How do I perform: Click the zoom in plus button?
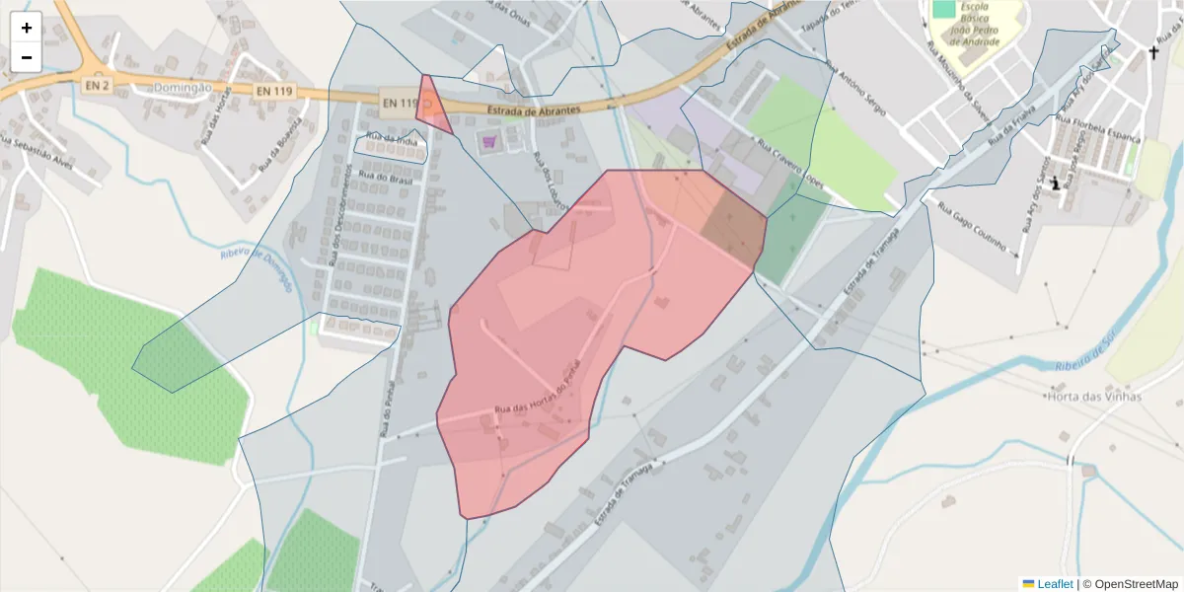tap(26, 27)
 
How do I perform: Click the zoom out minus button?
tap(26, 57)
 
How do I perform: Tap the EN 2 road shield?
tap(97, 87)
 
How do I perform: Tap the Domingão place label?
tap(184, 87)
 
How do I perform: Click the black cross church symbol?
tap(1153, 52)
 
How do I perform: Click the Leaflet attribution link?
tap(1054, 584)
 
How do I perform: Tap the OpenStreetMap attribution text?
tap(1130, 584)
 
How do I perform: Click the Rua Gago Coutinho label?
tap(972, 228)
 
